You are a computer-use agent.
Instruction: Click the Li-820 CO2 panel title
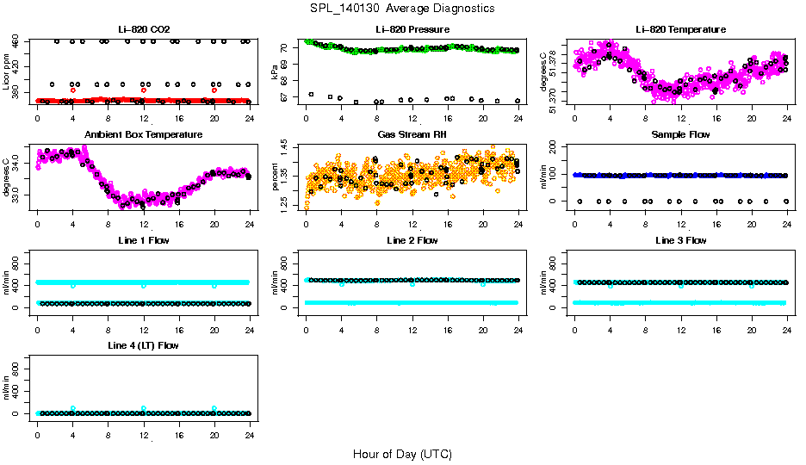pyautogui.click(x=143, y=29)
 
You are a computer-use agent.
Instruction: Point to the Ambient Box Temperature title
pyautogui.click(x=143, y=134)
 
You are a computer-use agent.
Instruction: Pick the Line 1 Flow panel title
pyautogui.click(x=143, y=240)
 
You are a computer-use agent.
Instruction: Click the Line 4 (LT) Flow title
pyautogui.click(x=143, y=345)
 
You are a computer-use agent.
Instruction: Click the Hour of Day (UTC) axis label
pyautogui.click(x=402, y=453)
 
